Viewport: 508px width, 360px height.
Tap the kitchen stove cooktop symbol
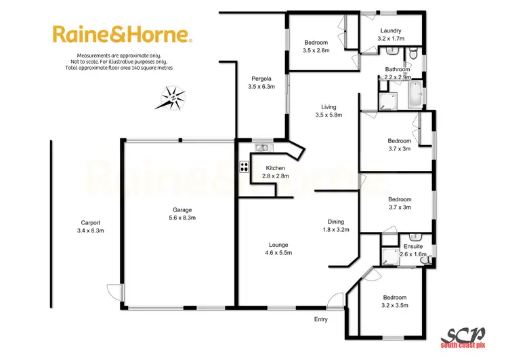(x=242, y=167)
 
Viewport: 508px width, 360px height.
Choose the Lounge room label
(x=278, y=245)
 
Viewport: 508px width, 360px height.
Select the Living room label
(x=329, y=106)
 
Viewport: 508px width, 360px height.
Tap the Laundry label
(x=391, y=31)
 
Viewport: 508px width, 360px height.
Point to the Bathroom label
(x=398, y=69)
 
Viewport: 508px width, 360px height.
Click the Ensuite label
(x=413, y=246)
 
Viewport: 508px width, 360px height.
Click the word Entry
(x=320, y=319)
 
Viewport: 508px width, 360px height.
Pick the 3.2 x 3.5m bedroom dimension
(x=395, y=306)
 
